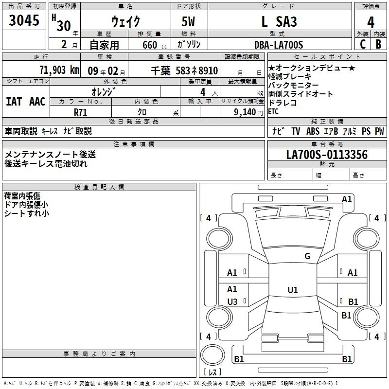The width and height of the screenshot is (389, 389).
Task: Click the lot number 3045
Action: [24, 20]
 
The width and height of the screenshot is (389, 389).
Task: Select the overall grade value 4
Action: [371, 22]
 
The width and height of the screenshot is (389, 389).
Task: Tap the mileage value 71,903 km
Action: [59, 70]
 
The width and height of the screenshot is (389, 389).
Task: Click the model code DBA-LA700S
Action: [279, 45]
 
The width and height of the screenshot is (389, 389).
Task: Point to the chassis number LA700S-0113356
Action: [327, 155]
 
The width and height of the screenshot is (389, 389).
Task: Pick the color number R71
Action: [80, 112]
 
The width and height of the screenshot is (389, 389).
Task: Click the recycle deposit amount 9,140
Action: [245, 112]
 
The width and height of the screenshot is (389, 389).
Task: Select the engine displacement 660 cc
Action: [155, 45]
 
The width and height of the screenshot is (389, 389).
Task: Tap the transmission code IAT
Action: [14, 102]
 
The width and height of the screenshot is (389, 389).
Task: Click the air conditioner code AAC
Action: [37, 102]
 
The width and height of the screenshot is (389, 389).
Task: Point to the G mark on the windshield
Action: [307, 256]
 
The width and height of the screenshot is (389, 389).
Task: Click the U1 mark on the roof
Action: [293, 290]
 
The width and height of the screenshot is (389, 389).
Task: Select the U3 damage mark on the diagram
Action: [232, 301]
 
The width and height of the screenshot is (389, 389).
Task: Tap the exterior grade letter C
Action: [363, 44]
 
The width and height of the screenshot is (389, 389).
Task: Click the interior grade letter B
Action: [378, 44]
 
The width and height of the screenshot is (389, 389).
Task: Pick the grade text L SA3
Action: [279, 22]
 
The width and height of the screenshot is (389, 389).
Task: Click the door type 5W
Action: [188, 21]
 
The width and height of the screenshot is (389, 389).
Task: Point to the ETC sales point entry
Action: [273, 112]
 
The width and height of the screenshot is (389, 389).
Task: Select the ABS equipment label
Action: [313, 131]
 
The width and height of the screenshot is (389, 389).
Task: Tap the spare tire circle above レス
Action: [212, 355]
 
